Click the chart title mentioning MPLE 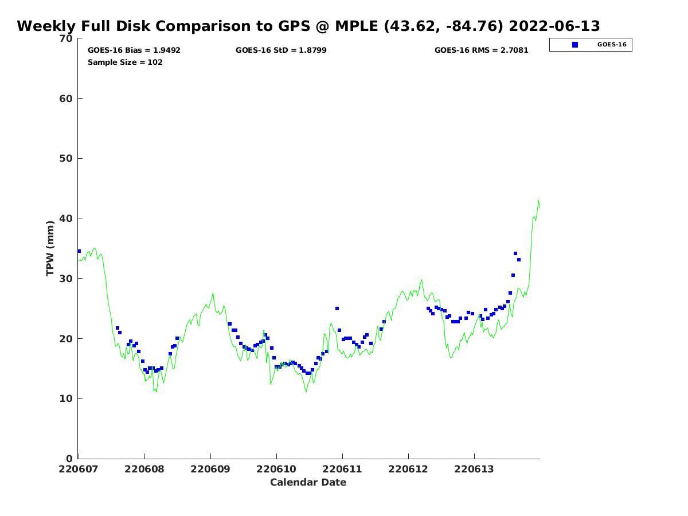coord(308,26)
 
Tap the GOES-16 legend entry coord(591,45)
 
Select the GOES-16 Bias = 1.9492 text coord(134,50)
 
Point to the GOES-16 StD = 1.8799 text coord(281,50)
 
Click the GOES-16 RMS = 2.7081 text coord(481,50)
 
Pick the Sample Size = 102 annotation coord(125,62)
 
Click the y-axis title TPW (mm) coord(50,248)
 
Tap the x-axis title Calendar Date coord(308,483)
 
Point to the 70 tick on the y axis coord(67,38)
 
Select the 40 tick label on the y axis coord(67,218)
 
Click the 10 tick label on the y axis coord(67,398)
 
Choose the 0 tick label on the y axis coord(69,459)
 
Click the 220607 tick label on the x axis coord(79,469)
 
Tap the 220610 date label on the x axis coord(276,469)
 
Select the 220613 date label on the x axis coord(474,469)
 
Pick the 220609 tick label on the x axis coord(210,469)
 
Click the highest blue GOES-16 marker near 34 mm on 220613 coord(515,253)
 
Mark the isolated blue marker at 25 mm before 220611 coord(337,308)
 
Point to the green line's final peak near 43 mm coord(538,201)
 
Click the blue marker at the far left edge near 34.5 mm coord(79,251)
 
